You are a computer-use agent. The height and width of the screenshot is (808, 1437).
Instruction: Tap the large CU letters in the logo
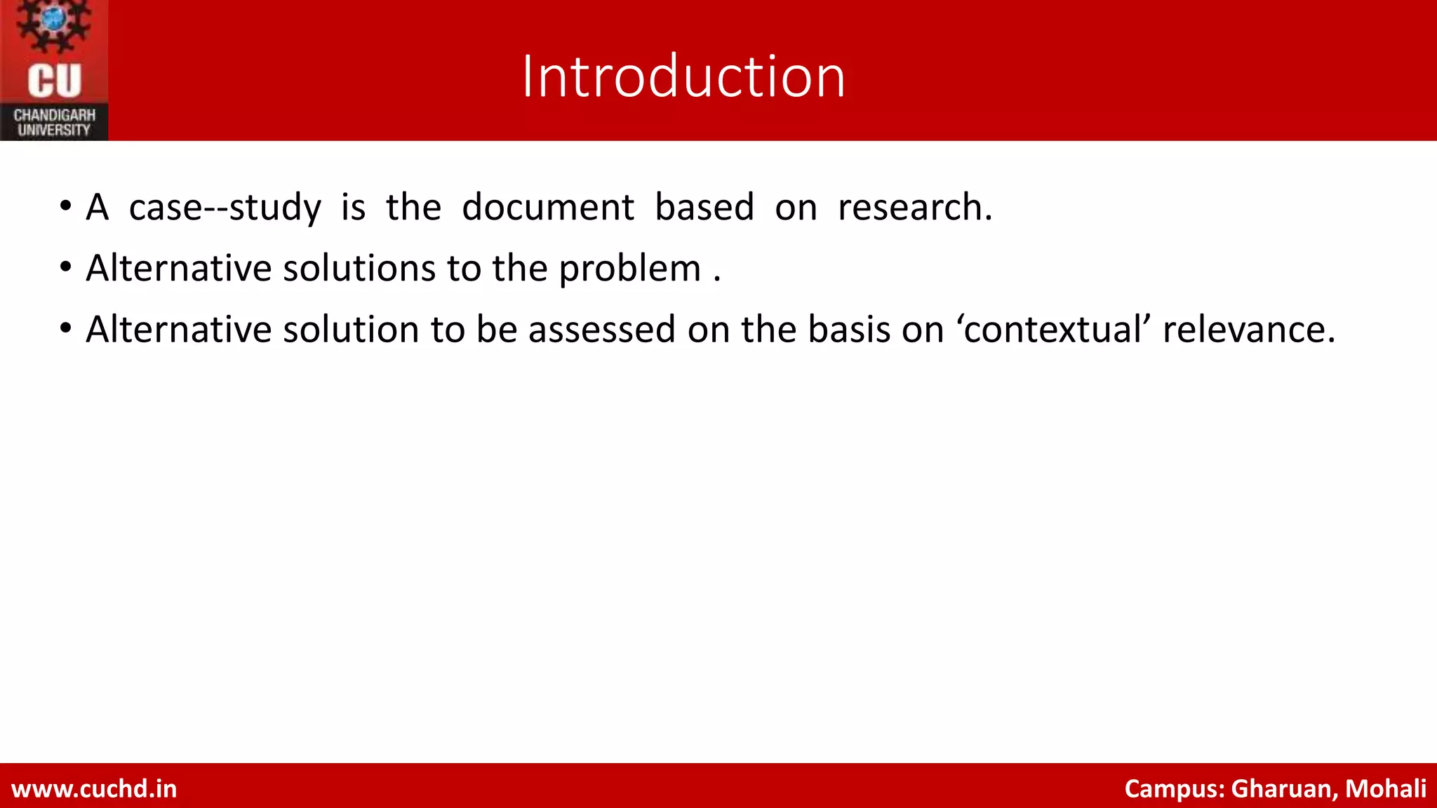(x=55, y=81)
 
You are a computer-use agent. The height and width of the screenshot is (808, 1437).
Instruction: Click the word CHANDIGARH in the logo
(x=55, y=115)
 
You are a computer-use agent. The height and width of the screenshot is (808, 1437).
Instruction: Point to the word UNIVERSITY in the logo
(x=54, y=130)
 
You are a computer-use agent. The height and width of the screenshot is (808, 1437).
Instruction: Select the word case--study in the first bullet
(x=225, y=208)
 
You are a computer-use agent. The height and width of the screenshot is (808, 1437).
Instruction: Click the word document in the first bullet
(x=548, y=208)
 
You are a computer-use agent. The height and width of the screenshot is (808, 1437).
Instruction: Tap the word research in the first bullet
(x=914, y=208)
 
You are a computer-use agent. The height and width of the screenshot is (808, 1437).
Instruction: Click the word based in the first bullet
(x=704, y=208)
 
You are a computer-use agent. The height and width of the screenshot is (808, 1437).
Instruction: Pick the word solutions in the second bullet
(x=359, y=269)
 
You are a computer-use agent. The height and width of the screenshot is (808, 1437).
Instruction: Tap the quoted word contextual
(x=1052, y=330)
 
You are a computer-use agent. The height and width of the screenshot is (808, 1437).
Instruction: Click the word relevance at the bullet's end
(x=1248, y=330)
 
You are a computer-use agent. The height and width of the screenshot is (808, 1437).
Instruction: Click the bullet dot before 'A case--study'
(x=66, y=207)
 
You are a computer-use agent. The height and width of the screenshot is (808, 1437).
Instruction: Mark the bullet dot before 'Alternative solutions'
(x=66, y=268)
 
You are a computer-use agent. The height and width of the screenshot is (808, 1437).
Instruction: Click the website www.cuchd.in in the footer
(x=94, y=789)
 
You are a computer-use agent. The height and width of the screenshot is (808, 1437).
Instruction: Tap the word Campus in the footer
(x=1175, y=789)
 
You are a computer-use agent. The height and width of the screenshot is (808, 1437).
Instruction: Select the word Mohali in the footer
(x=1385, y=789)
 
